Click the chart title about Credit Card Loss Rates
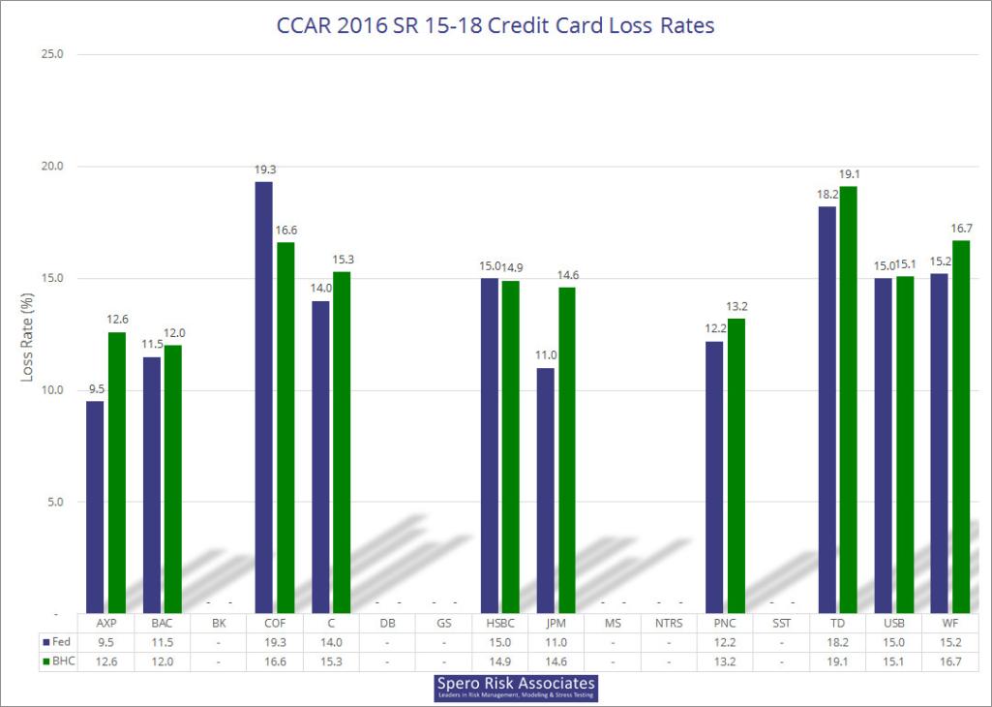pyautogui.click(x=496, y=25)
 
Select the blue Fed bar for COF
pyautogui.click(x=263, y=397)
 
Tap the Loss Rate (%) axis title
pyautogui.click(x=28, y=334)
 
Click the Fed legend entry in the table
pyautogui.click(x=55, y=641)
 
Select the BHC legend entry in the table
pyautogui.click(x=56, y=661)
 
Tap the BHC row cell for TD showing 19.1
pyautogui.click(x=838, y=661)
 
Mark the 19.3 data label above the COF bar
pyautogui.click(x=265, y=170)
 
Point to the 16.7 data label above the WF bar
pyautogui.click(x=961, y=230)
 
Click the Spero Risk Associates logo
pyautogui.click(x=516, y=689)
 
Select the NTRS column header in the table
pyautogui.click(x=669, y=622)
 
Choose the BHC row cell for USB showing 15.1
pyautogui.click(x=895, y=661)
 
